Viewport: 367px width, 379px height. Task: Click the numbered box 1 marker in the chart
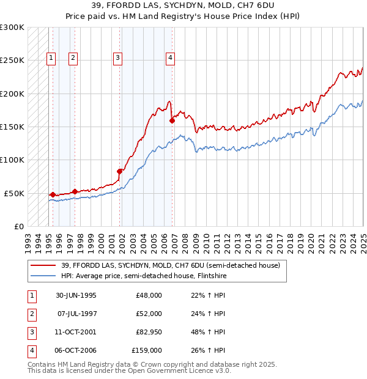50,58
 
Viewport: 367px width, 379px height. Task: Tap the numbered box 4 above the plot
170,58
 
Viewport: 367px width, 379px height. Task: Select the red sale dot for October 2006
172,120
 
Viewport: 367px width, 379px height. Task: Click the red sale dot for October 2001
120,171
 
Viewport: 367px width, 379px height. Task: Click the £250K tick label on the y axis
12,61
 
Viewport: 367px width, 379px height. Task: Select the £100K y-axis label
12,160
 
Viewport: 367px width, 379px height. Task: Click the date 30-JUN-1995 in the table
76,295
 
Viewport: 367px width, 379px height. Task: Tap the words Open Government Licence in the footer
174,370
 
